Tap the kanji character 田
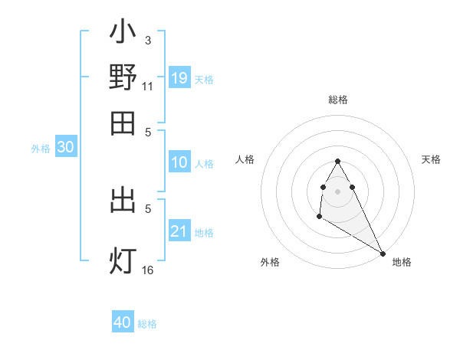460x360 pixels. pyautogui.click(x=123, y=122)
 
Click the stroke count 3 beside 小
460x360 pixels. pyautogui.click(x=147, y=40)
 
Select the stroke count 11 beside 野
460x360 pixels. pyautogui.click(x=147, y=86)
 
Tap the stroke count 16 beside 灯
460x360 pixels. pyautogui.click(x=147, y=270)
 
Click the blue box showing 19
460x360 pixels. pyautogui.click(x=179, y=77)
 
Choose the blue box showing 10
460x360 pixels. pyautogui.click(x=179, y=162)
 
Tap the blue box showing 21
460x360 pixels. pyautogui.click(x=179, y=231)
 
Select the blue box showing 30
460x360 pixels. pyautogui.click(x=65, y=148)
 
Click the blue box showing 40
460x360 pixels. pyautogui.click(x=123, y=322)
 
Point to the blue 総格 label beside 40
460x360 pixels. pyautogui.click(x=147, y=324)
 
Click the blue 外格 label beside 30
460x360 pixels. pyautogui.click(x=41, y=149)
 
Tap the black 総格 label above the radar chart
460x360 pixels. pyautogui.click(x=338, y=100)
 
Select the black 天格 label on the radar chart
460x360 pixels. pyautogui.click(x=431, y=159)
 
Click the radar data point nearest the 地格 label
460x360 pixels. pyautogui.click(x=383, y=253)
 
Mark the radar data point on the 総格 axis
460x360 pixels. pyautogui.click(x=338, y=162)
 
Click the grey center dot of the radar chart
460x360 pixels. pyautogui.click(x=338, y=191)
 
